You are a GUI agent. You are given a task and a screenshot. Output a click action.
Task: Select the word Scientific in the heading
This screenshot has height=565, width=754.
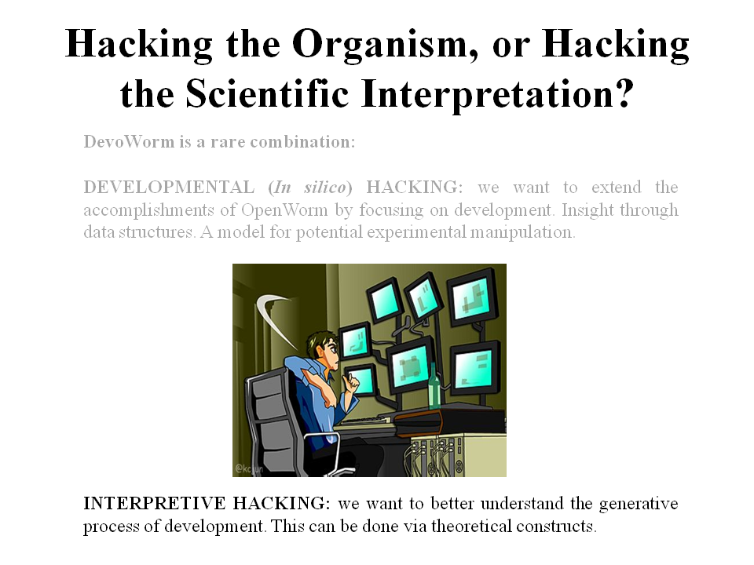(267, 94)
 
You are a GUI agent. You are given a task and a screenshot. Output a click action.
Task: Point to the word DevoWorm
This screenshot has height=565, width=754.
(129, 142)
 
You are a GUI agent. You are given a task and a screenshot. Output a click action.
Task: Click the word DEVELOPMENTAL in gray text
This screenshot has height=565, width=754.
(169, 187)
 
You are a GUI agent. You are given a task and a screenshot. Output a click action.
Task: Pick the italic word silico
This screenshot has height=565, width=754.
(324, 187)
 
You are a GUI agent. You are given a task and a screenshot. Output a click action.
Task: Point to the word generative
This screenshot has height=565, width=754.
(638, 504)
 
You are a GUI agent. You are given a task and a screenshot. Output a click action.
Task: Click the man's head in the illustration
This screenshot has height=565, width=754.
(324, 349)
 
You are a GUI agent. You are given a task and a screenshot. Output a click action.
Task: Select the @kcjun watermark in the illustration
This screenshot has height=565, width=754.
(249, 468)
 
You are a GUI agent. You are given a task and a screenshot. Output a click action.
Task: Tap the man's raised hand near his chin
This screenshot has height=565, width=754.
(353, 383)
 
